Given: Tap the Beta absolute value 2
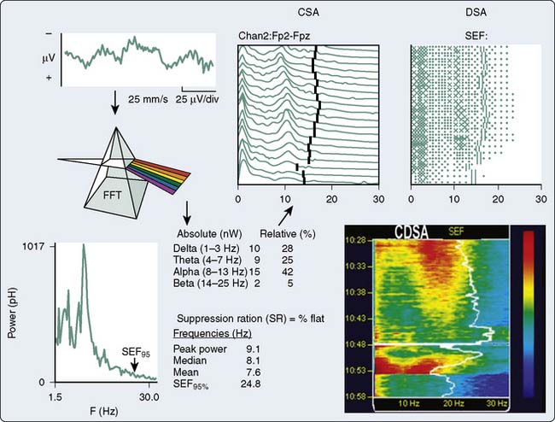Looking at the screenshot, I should coord(254,283).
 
